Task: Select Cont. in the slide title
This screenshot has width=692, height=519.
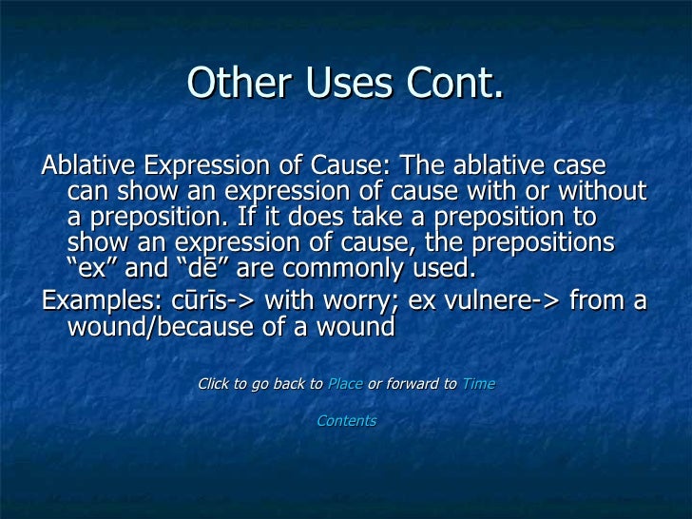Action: pyautogui.click(x=452, y=84)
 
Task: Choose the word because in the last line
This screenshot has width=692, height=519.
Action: pyautogui.click(x=213, y=327)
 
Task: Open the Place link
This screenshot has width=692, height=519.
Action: pyautogui.click(x=344, y=384)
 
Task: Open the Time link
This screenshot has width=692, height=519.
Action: pyautogui.click(x=478, y=384)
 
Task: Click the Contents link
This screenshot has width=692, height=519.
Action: pyautogui.click(x=346, y=420)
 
